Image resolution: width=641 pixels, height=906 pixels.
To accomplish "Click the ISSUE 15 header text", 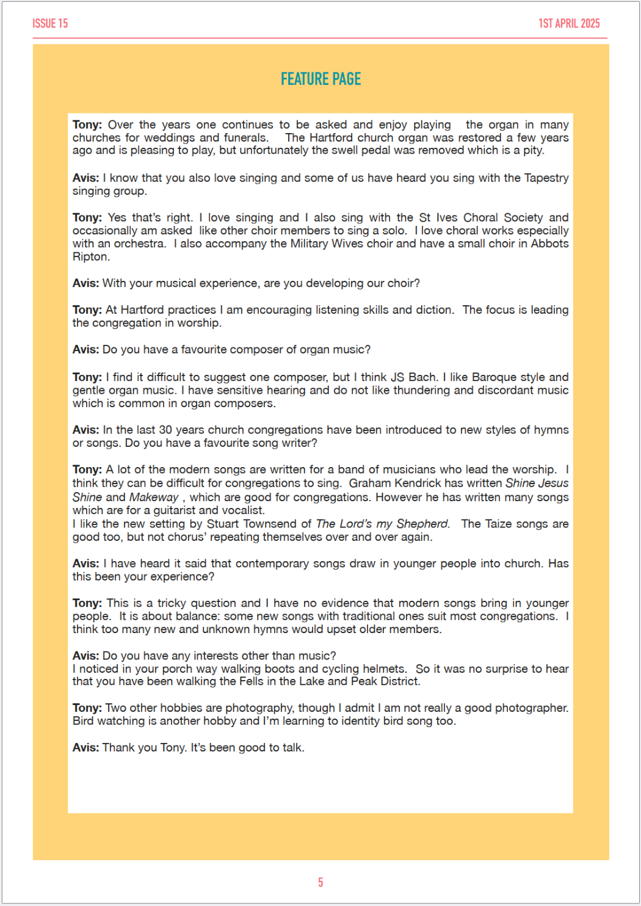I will tap(50, 24).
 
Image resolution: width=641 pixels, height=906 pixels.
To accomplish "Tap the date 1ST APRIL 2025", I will tap(569, 24).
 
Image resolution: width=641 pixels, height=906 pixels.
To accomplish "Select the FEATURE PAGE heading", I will tap(320, 79).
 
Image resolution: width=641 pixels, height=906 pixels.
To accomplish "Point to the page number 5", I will tap(320, 882).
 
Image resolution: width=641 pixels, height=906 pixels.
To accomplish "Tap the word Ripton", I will tap(90, 257).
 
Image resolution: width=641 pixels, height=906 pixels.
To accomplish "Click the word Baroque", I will tap(496, 377).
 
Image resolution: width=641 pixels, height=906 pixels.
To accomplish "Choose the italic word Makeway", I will tap(154, 498).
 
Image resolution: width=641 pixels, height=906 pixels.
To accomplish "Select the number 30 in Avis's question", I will tap(166, 430).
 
